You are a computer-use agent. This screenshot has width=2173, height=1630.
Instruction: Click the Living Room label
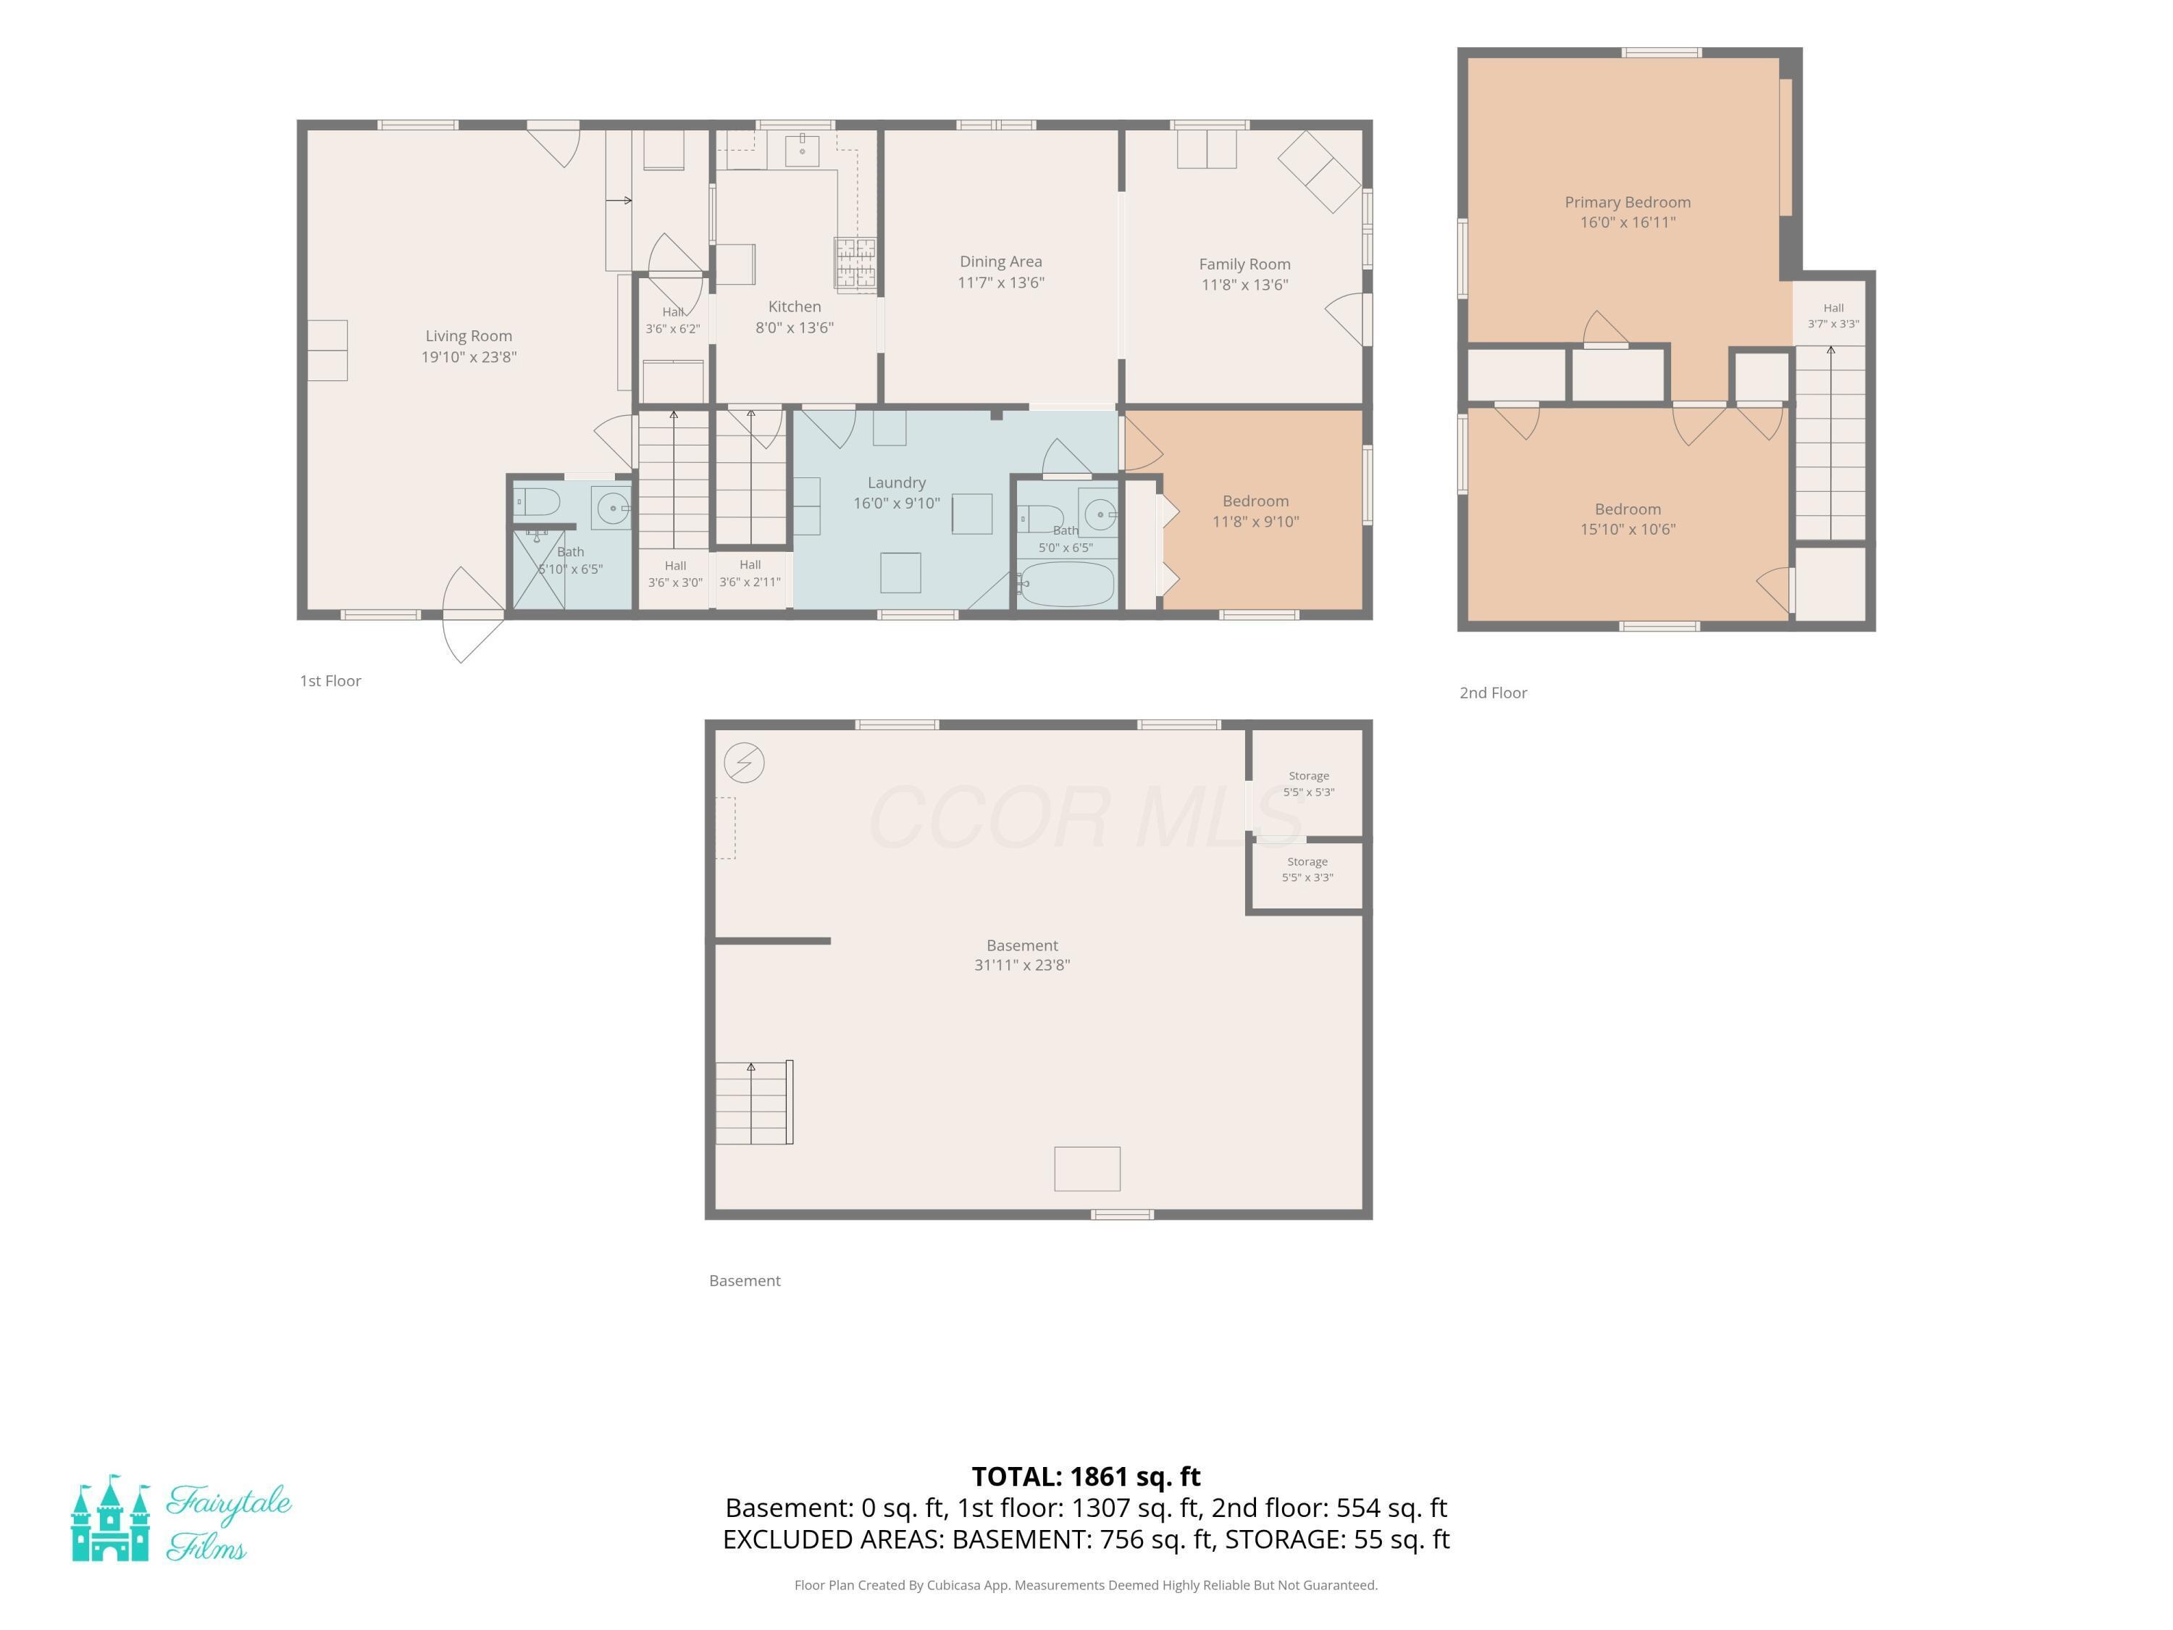pyautogui.click(x=469, y=336)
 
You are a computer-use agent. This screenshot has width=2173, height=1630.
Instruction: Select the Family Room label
pyautogui.click(x=1244, y=264)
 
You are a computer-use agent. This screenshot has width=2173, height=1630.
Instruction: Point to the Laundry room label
pyautogui.click(x=896, y=482)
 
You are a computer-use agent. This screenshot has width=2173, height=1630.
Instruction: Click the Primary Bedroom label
pyautogui.click(x=1628, y=202)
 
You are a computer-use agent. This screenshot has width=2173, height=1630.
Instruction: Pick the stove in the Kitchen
pyautogui.click(x=855, y=262)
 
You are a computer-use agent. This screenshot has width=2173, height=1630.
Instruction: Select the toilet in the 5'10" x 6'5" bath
pyautogui.click(x=537, y=502)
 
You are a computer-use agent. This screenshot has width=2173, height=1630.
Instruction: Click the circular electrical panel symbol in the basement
pyautogui.click(x=744, y=762)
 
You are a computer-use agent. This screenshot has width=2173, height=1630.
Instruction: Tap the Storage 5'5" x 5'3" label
pyautogui.click(x=1309, y=784)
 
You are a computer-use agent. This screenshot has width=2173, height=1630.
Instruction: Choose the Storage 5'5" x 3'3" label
pyautogui.click(x=1307, y=869)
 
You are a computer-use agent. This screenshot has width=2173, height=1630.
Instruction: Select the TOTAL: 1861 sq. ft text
pyautogui.click(x=1086, y=1476)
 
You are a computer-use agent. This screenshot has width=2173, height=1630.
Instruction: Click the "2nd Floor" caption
pyautogui.click(x=1493, y=693)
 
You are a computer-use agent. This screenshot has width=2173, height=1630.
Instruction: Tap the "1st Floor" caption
pyautogui.click(x=330, y=681)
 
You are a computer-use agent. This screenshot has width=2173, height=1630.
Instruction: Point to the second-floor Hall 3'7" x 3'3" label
pyautogui.click(x=1833, y=315)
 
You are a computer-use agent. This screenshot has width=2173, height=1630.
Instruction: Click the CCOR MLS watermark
pyautogui.click(x=1086, y=817)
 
